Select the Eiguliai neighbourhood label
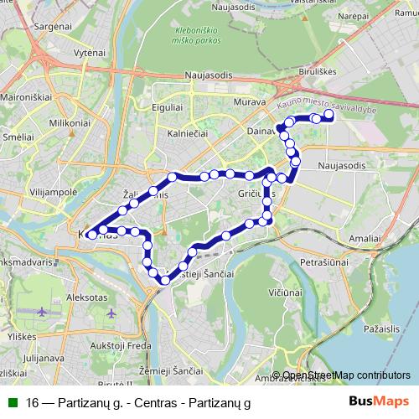(168, 107)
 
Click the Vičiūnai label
(286, 293)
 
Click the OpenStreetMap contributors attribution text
(346, 375)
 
